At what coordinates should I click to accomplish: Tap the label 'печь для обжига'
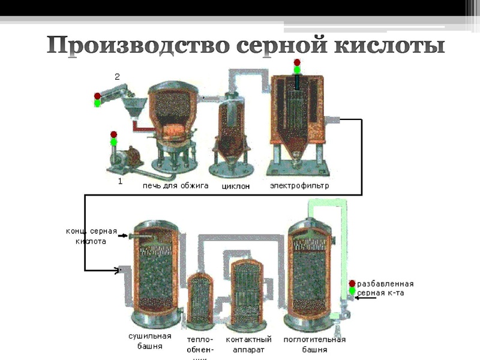pyautogui.click(x=175, y=185)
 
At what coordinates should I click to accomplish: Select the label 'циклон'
pyautogui.click(x=235, y=186)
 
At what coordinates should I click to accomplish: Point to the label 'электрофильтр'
pyautogui.click(x=299, y=185)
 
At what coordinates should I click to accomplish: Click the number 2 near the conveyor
pyautogui.click(x=118, y=77)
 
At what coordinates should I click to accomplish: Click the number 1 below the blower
pyautogui.click(x=120, y=181)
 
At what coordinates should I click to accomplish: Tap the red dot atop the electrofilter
pyautogui.click(x=296, y=62)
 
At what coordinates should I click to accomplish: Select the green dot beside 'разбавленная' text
pyautogui.click(x=352, y=292)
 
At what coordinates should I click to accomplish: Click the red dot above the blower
pyautogui.click(x=114, y=134)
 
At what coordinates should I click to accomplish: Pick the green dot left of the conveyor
pyautogui.click(x=97, y=103)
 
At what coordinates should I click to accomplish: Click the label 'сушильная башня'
pyautogui.click(x=149, y=341)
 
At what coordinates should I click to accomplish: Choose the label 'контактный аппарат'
pyautogui.click(x=248, y=344)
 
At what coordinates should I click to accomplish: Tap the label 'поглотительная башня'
pyautogui.click(x=314, y=344)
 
